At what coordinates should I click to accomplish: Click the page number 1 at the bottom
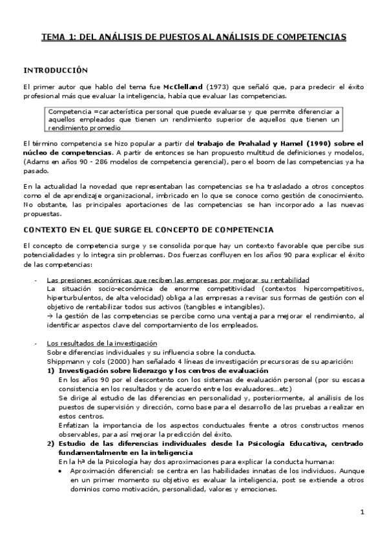[x=362, y=512]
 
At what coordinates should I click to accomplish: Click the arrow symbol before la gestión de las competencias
[x=50, y=315]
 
